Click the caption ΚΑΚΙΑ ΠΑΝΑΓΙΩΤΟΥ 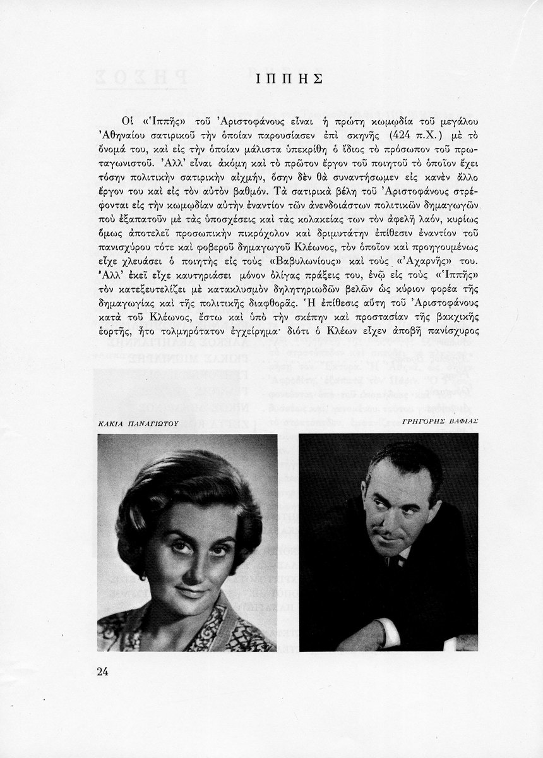click(x=137, y=423)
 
